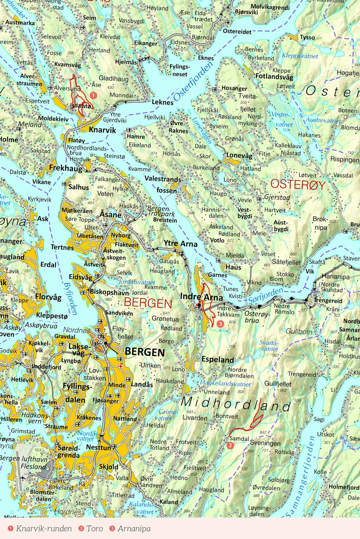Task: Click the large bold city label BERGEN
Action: (145, 352)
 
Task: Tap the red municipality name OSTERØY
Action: (298, 185)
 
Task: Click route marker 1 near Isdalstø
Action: (93, 96)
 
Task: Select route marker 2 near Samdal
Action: (230, 445)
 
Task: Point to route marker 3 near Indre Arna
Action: (220, 324)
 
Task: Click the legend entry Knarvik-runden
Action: (44, 529)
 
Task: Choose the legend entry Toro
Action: (94, 529)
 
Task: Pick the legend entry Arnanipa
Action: (134, 529)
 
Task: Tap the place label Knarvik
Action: (102, 130)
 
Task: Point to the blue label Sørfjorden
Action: (265, 296)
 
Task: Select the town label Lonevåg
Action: (239, 155)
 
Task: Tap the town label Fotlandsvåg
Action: (274, 76)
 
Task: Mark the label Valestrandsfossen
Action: (163, 184)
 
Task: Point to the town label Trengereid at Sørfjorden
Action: (328, 300)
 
